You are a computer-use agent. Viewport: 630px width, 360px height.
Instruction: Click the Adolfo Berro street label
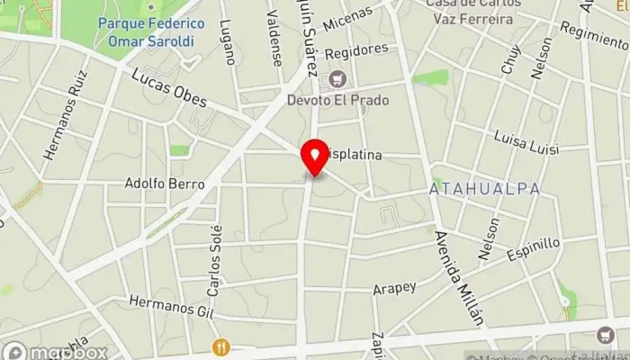[x=165, y=184]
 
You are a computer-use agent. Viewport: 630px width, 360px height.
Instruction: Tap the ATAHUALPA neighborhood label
[x=484, y=189]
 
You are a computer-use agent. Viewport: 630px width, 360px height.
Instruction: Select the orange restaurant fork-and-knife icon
[x=220, y=346]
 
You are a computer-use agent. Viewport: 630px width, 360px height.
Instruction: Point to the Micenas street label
[x=347, y=15]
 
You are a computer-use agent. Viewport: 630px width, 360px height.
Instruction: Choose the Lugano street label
[x=229, y=41]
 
